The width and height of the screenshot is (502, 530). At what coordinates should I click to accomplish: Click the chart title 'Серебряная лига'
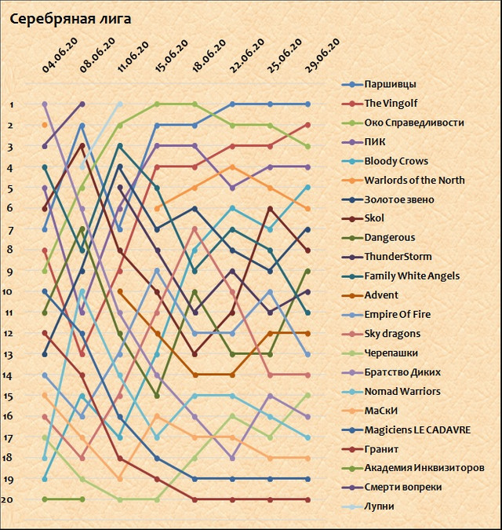(x=71, y=18)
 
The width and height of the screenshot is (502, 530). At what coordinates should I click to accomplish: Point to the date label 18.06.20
(x=210, y=57)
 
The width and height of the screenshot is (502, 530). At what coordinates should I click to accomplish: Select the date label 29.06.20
(x=322, y=57)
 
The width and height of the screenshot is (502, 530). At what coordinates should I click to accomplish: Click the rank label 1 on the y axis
(x=12, y=104)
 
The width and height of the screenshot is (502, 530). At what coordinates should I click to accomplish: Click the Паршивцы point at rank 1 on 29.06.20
(x=307, y=104)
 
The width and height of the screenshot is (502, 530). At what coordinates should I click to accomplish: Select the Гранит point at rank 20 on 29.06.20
(x=307, y=499)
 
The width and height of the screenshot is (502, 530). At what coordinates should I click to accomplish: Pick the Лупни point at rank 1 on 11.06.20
(x=120, y=104)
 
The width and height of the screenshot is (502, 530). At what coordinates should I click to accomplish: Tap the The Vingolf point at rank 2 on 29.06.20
(x=307, y=125)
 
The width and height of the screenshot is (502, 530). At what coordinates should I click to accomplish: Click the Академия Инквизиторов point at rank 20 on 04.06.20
(x=45, y=499)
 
